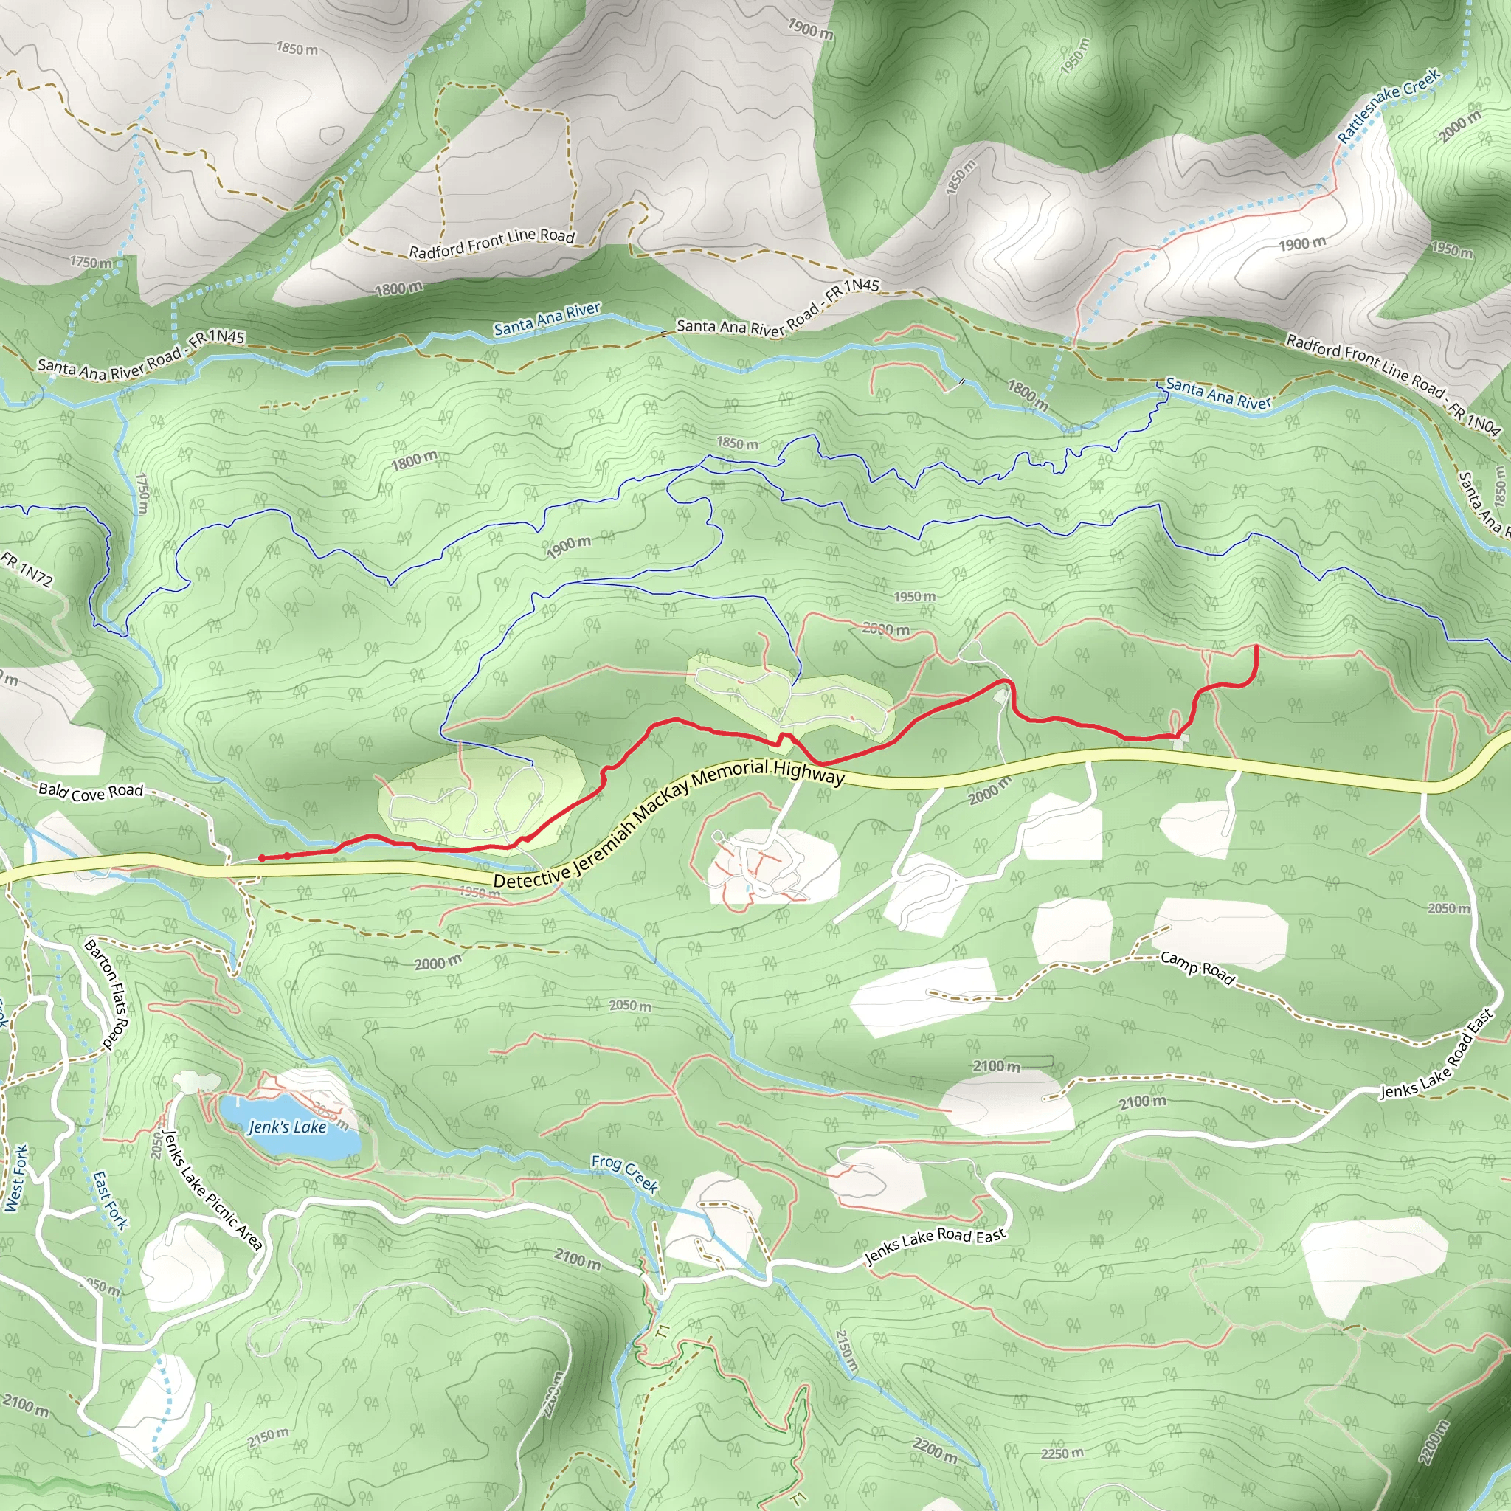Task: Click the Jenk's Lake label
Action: [x=287, y=1127]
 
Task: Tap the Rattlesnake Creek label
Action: [x=1389, y=106]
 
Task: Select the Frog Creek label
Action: [x=624, y=1172]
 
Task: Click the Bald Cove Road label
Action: [x=91, y=792]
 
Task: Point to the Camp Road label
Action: [x=1197, y=967]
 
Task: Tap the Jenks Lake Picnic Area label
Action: [x=212, y=1189]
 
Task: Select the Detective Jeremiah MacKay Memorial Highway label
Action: [x=669, y=825]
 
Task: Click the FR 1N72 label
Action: [x=27, y=569]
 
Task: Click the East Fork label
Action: [x=109, y=1200]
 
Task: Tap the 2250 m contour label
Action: [x=1062, y=1453]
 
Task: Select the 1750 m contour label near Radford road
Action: [x=91, y=262]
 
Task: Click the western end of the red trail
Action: [x=261, y=858]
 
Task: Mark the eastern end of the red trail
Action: [x=1256, y=646]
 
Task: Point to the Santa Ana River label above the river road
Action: [x=547, y=319]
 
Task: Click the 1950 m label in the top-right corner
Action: [x=1451, y=249]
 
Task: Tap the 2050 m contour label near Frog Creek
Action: [x=629, y=1005]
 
